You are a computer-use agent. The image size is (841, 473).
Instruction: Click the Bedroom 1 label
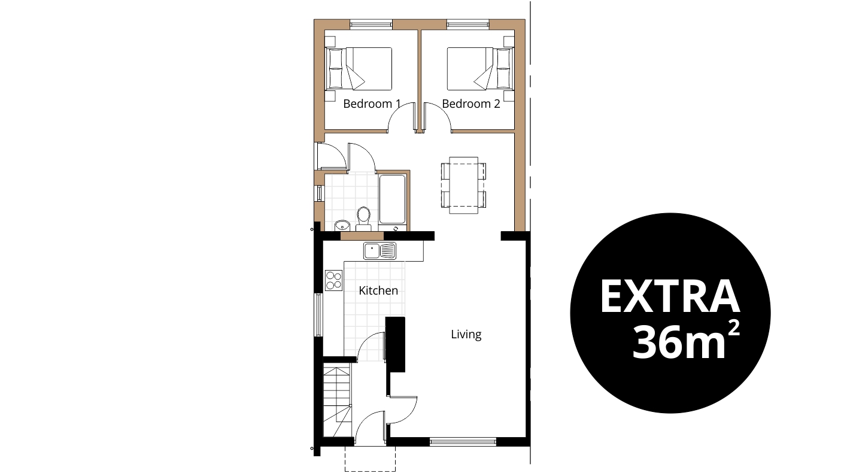tap(372, 104)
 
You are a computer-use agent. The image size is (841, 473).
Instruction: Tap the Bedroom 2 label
tap(471, 104)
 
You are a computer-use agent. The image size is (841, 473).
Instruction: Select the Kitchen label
tap(378, 290)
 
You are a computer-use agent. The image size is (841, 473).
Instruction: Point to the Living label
tap(466, 334)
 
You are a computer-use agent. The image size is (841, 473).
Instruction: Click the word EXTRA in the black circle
tap(670, 296)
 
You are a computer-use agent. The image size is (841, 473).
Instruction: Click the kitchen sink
tap(379, 251)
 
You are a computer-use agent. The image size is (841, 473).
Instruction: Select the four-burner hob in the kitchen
tap(334, 280)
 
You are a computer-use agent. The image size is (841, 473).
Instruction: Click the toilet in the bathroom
tap(363, 219)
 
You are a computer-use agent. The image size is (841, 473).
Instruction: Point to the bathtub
tap(392, 201)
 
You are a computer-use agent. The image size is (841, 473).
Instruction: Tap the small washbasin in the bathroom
tap(342, 225)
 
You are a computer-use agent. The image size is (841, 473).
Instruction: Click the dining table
tap(463, 185)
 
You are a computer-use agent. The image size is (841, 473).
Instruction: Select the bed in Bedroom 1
tap(359, 69)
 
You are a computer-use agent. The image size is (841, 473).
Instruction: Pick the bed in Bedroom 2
tap(480, 69)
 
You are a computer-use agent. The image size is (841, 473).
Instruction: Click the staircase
tap(337, 402)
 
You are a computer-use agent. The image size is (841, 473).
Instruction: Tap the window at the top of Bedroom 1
tap(371, 25)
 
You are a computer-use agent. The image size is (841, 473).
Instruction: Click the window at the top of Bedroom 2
tap(468, 25)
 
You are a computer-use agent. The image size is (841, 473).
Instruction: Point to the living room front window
tap(463, 442)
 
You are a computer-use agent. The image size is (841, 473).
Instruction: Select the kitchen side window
tap(318, 314)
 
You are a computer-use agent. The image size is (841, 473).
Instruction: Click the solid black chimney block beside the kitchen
tap(395, 345)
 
